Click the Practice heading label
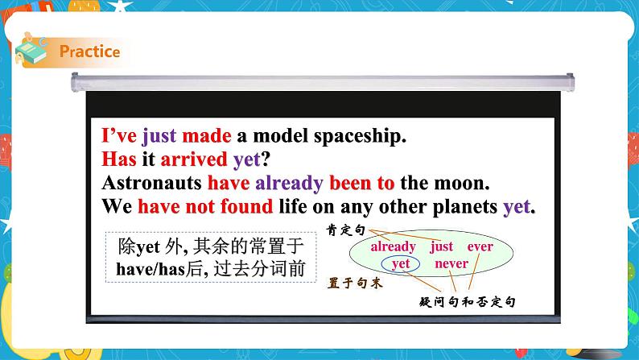tap(89, 52)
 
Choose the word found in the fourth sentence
tap(246, 206)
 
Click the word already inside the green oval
tap(393, 246)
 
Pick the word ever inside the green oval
tap(480, 246)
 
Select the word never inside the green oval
tap(451, 263)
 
